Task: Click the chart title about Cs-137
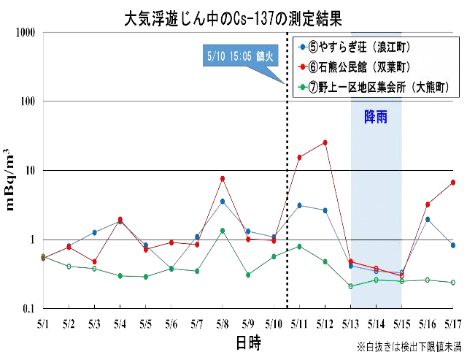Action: (x=233, y=16)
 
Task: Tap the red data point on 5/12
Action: (x=325, y=142)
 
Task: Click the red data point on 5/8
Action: (x=223, y=178)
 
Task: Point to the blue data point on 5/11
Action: (x=299, y=205)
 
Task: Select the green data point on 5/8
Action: (x=223, y=231)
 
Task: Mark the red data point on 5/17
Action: (x=453, y=183)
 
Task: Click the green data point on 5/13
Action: (x=350, y=286)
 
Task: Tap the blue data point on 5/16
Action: (x=428, y=219)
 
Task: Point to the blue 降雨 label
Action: (x=376, y=117)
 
